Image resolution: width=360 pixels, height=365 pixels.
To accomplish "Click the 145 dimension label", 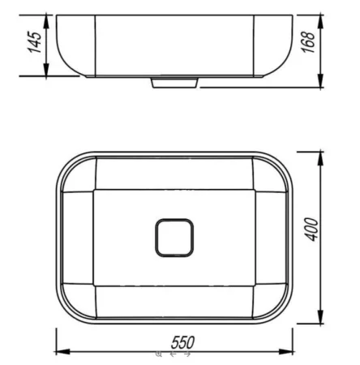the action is click(35, 42).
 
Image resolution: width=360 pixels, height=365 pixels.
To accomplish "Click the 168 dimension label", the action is click(308, 42).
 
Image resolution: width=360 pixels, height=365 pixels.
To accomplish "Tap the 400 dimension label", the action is click(311, 230).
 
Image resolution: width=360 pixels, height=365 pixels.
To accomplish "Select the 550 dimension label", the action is click(182, 342).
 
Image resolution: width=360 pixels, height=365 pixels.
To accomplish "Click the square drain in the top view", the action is click(174, 238).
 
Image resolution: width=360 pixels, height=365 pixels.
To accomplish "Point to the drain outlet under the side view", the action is click(174, 83).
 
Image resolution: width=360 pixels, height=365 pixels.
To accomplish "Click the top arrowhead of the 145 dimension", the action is click(46, 21).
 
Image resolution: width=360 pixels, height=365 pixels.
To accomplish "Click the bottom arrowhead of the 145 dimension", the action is click(46, 70).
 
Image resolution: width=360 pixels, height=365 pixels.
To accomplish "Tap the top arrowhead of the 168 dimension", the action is click(320, 21).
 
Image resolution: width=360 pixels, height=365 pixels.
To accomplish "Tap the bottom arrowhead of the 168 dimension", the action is click(320, 81).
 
